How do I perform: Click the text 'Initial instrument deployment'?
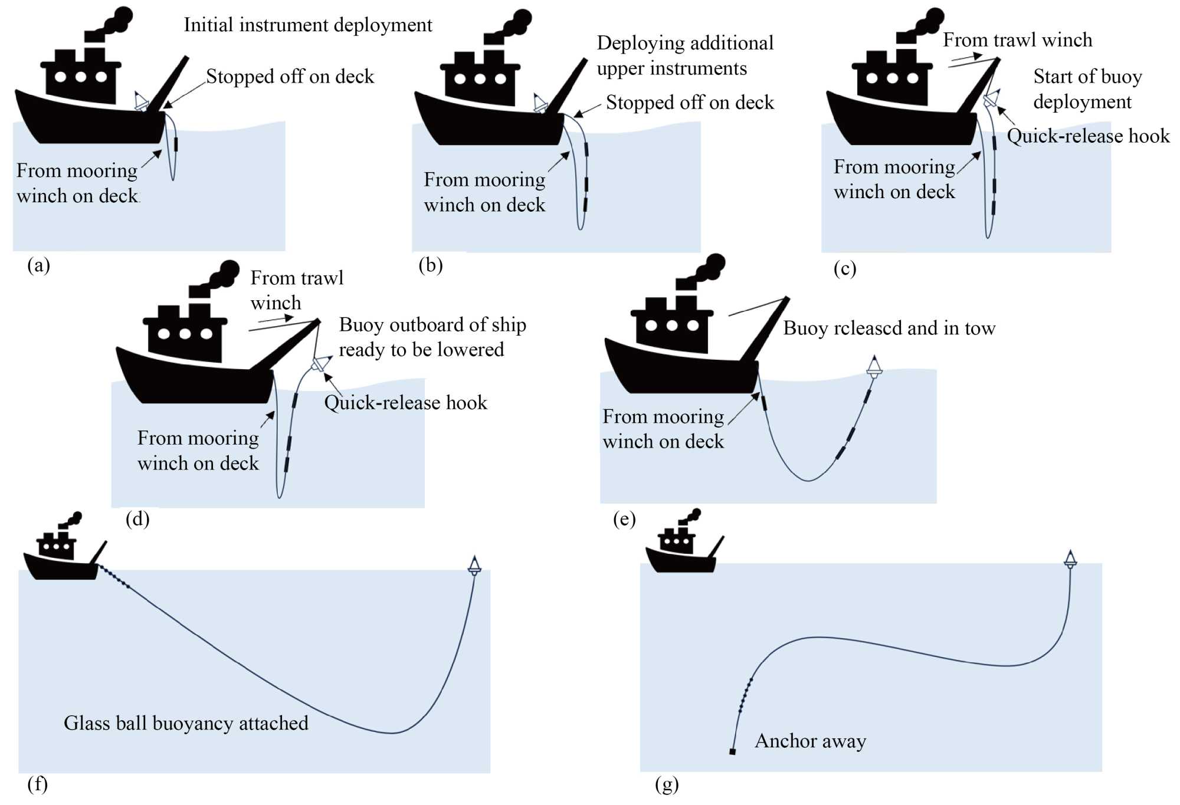(x=308, y=25)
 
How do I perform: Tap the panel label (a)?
(x=39, y=265)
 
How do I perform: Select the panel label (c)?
(x=844, y=268)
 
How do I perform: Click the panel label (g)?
(x=667, y=784)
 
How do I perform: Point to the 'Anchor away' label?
(x=810, y=741)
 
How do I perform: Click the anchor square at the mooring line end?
(x=732, y=751)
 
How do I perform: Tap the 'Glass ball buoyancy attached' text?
(x=186, y=723)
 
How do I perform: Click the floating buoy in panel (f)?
(x=474, y=565)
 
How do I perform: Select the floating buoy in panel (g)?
(x=1070, y=559)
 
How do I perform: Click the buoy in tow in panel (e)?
(x=874, y=367)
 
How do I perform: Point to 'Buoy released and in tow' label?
(x=889, y=328)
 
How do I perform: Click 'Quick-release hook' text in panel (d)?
(x=406, y=403)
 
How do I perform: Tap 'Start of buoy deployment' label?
(x=1087, y=89)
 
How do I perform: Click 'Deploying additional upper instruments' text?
(x=684, y=55)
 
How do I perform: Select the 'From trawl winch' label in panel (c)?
(x=1017, y=40)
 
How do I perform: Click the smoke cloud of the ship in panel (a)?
(x=118, y=21)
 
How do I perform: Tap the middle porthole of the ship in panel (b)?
(x=480, y=78)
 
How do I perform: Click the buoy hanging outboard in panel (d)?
(x=320, y=363)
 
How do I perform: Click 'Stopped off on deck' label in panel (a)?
(x=290, y=77)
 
